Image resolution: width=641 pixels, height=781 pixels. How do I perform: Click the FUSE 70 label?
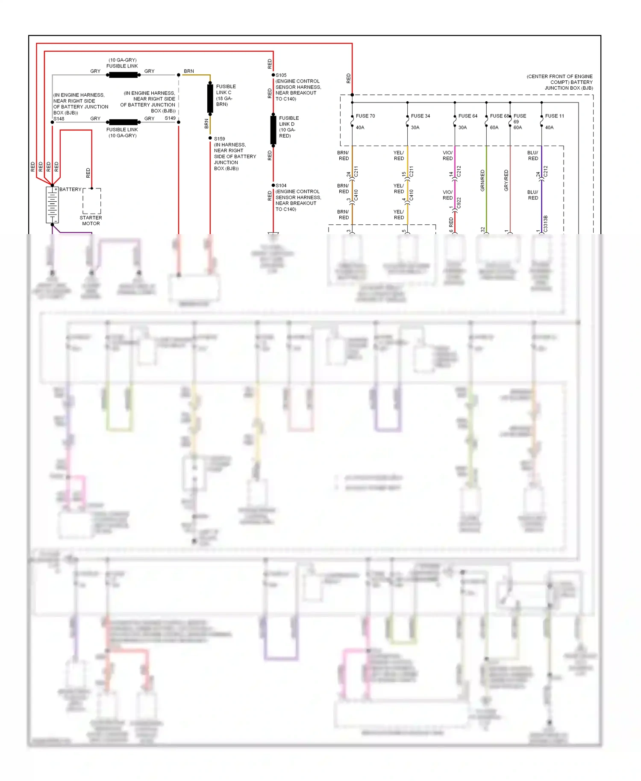pos(365,116)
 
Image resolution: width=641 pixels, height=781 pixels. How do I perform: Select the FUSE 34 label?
pos(420,116)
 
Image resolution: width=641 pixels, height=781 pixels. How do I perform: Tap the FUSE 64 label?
pos(468,116)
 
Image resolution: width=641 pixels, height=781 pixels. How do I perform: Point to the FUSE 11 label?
pos(555,116)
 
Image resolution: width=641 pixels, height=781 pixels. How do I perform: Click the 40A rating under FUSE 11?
pos(550,127)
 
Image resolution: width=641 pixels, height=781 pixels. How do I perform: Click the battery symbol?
pos(52,205)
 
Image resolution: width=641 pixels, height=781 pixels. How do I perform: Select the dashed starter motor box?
pos(92,201)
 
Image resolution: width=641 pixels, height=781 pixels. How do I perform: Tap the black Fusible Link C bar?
pos(210,98)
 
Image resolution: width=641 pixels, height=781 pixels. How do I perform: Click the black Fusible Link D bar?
pos(273,129)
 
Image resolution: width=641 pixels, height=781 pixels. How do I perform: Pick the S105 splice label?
pos(281,75)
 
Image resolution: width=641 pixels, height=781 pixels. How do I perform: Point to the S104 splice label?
pos(281,185)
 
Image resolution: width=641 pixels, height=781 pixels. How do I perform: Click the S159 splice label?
pos(220,138)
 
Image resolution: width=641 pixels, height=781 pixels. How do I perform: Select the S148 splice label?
pos(59,119)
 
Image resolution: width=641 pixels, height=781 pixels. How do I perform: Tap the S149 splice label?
pos(170,118)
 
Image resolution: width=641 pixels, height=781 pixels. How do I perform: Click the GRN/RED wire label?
pos(482,180)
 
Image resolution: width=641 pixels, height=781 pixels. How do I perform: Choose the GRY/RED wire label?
pos(506,180)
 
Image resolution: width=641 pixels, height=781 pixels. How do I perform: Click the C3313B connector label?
pos(546,224)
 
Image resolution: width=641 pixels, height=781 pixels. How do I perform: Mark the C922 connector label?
pos(459,203)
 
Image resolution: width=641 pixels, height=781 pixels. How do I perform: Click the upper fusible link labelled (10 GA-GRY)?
pos(123,75)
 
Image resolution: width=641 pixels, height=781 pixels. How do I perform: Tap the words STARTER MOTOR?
pos(91,220)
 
